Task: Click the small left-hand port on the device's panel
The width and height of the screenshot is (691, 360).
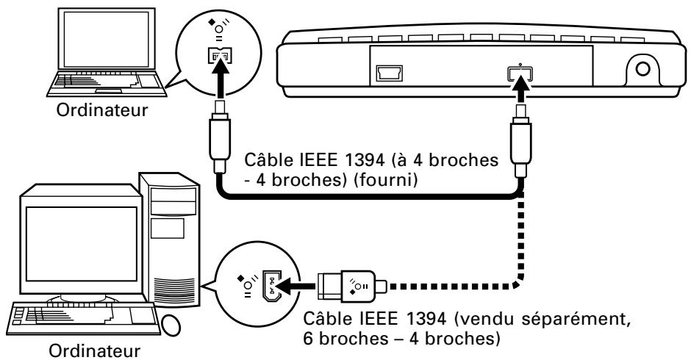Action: (389, 73)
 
